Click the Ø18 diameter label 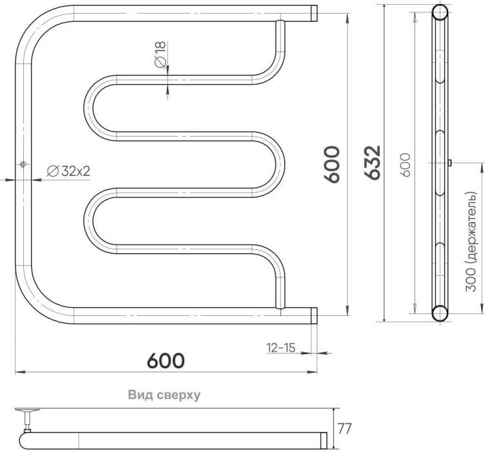[160, 54]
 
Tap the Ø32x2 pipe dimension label [69, 171]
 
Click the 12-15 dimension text [281, 348]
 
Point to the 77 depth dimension [344, 429]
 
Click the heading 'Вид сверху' [164, 395]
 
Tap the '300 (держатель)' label [471, 242]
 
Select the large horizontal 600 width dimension [166, 360]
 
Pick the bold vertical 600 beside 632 [332, 164]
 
